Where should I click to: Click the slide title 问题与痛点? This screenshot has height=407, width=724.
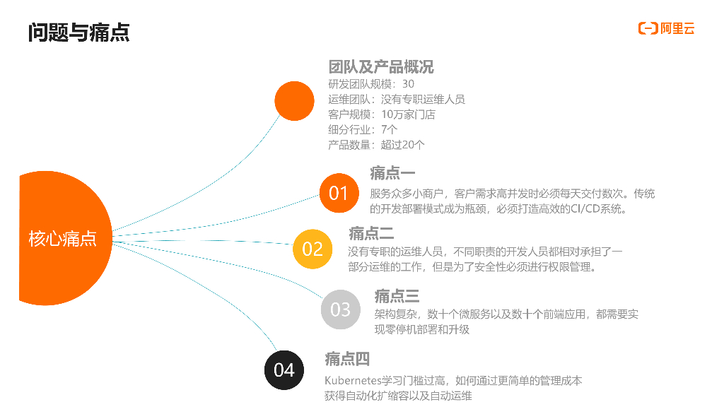78,32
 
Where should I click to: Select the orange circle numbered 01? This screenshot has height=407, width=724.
339,192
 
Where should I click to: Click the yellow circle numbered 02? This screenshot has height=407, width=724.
313,249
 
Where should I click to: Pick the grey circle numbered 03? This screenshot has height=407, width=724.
340,309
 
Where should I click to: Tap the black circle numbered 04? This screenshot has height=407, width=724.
284,370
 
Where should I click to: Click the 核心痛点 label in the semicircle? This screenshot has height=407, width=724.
62,239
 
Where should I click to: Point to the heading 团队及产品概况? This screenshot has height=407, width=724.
381,67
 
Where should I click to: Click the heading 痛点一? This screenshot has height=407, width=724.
392,173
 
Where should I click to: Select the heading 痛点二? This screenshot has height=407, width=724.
370,233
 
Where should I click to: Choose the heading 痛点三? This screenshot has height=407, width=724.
397,296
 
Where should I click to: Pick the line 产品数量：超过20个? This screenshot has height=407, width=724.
377,145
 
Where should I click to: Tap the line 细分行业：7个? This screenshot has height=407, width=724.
363,129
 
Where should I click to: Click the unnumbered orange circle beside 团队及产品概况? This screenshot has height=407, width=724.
294,101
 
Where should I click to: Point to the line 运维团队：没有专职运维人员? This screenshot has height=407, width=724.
397,99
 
